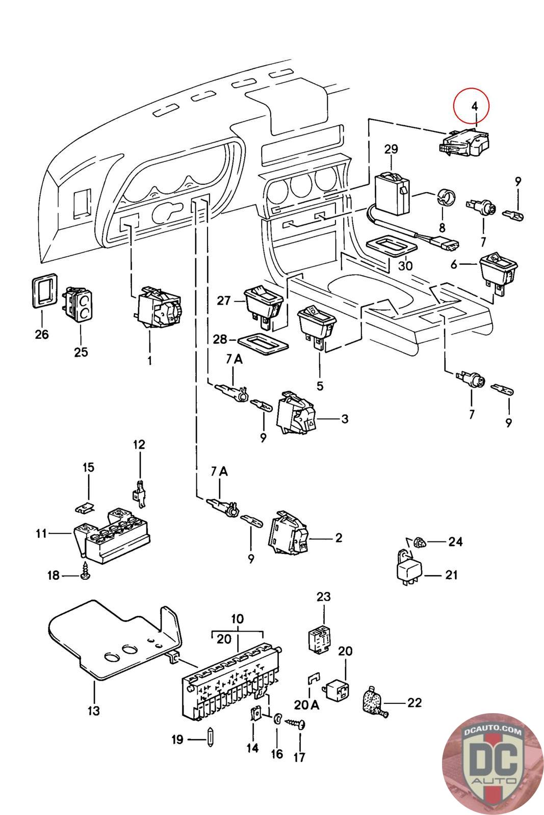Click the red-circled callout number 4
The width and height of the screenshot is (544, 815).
(474, 106)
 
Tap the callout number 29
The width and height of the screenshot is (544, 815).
(391, 149)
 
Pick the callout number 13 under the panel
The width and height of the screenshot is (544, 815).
(94, 710)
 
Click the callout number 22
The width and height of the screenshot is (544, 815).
(415, 702)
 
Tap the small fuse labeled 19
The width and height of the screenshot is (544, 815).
(211, 739)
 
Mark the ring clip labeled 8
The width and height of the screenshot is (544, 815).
(446, 198)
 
